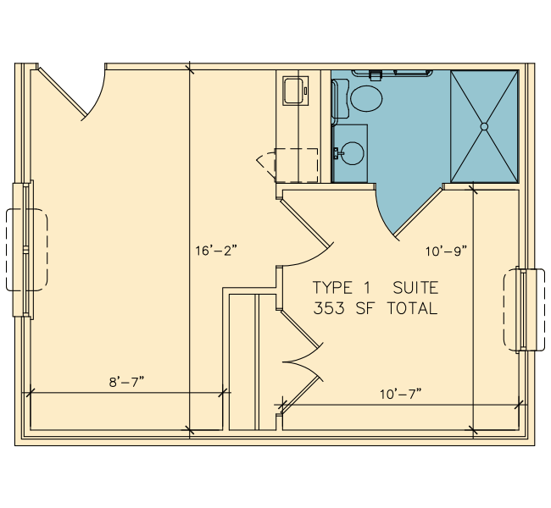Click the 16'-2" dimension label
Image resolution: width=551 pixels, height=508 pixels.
coord(216,251)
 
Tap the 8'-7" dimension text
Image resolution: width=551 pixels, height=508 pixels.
coord(127,382)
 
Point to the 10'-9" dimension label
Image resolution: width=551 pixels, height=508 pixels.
coord(447,251)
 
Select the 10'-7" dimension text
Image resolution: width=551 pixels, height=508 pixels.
coord(401,394)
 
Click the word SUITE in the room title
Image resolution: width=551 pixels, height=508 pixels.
coord(415,288)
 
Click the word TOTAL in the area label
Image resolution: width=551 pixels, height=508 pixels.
coord(413,308)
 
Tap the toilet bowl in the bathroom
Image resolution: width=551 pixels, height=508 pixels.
coord(366,99)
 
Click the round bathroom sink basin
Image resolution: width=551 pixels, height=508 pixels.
coord(353,153)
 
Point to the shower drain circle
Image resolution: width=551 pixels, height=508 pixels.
coord(484,126)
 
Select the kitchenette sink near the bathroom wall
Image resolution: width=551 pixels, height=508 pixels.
coord(296,91)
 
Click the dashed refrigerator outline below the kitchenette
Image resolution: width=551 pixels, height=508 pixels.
coord(296,165)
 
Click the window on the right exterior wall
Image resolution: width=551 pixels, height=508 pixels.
coord(524,310)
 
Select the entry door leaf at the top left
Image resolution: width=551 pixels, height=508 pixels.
coord(63,92)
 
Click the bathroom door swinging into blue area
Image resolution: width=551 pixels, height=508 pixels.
coord(418,212)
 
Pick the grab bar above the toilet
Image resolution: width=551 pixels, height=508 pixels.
coord(392,74)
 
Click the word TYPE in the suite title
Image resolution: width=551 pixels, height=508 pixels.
coord(332,288)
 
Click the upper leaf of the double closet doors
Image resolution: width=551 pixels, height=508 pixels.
coord(301,330)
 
